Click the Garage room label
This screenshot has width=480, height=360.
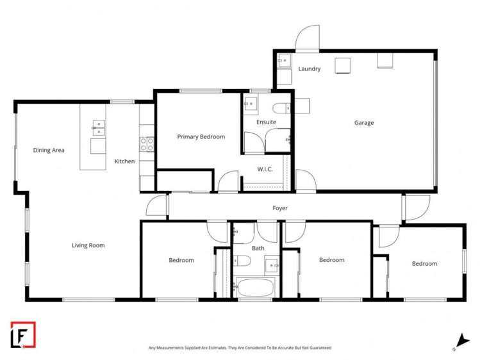click(364, 123)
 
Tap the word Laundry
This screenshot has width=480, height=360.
click(310, 69)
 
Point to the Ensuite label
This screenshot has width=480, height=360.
click(266, 122)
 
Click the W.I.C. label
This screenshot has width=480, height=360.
click(266, 170)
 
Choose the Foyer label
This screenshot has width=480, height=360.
click(280, 208)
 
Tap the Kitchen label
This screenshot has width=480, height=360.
click(125, 161)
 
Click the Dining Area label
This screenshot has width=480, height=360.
click(49, 151)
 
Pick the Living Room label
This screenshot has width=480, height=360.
click(88, 245)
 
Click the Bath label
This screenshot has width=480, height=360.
click(258, 248)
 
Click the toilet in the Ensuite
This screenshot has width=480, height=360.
click(281, 107)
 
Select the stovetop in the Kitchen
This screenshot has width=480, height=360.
click(147, 143)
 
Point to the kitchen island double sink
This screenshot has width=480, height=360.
click(97, 126)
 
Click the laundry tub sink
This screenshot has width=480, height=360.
click(284, 61)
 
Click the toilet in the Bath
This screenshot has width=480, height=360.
click(242, 261)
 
